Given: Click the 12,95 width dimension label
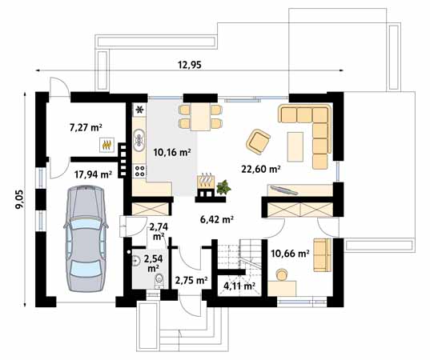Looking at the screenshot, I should [x=188, y=66].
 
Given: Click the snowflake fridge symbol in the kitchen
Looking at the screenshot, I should [x=139, y=109].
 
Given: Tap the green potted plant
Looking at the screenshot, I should [x=224, y=187].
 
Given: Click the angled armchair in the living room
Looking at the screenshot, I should [x=259, y=142].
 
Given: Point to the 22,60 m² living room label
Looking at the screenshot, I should [x=260, y=169].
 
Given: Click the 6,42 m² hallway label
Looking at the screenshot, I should [x=215, y=218].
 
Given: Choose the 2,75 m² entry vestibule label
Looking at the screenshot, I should [x=191, y=281].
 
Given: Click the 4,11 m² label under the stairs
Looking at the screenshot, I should [x=239, y=286].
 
